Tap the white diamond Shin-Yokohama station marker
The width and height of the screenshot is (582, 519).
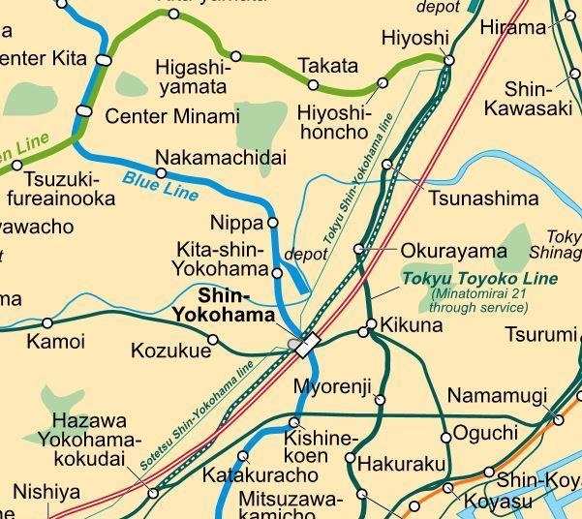tap(308, 345)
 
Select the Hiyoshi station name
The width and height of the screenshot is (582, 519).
tap(415, 38)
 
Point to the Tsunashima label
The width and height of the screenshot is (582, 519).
tap(483, 198)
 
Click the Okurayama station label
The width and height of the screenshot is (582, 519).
tap(453, 251)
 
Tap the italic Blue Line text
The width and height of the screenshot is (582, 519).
tap(160, 186)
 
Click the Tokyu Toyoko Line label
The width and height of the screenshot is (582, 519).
tap(480, 279)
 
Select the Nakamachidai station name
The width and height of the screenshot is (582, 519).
tap(221, 157)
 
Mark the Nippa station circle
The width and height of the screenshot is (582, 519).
tap(272, 223)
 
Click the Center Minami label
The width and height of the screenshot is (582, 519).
tap(171, 117)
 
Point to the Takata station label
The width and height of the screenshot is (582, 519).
tap(327, 67)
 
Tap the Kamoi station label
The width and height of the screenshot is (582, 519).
tap(55, 341)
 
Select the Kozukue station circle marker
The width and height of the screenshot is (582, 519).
tap(213, 340)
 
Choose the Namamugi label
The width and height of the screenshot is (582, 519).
tap(497, 396)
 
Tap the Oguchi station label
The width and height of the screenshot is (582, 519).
tap(485, 432)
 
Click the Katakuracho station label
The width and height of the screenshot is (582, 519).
tap(260, 475)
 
